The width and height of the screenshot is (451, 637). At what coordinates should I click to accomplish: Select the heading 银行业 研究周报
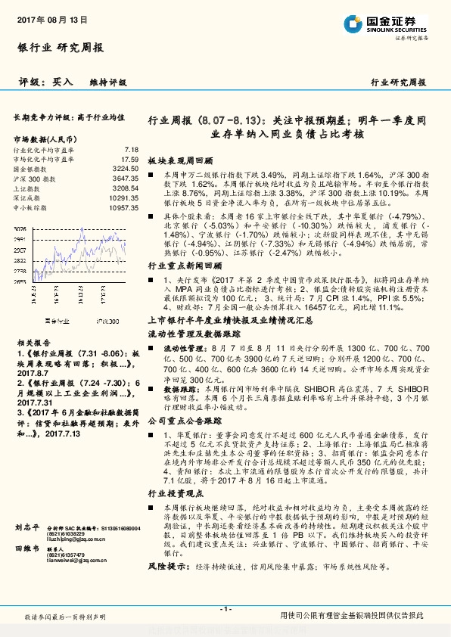coord(60,48)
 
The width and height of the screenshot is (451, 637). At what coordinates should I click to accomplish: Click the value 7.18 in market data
coord(132,151)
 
